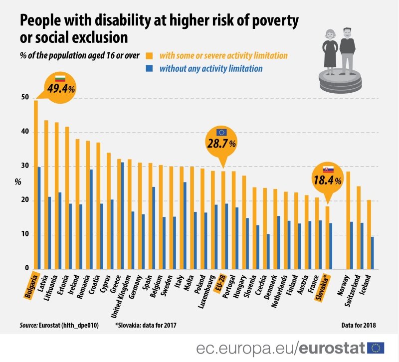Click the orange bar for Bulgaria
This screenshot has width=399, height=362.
pyautogui.click(x=35, y=184)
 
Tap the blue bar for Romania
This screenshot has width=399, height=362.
pyautogui.click(x=91, y=219)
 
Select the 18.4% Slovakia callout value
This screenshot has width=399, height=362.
pyautogui.click(x=327, y=180)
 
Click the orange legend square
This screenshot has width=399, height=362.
pyautogui.click(x=150, y=56)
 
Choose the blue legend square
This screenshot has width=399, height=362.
pyautogui.click(x=150, y=68)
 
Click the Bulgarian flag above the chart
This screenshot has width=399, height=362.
pyautogui.click(x=60, y=78)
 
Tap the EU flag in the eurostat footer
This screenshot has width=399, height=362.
pyautogui.click(x=376, y=348)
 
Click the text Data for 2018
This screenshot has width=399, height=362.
pyautogui.click(x=359, y=325)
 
